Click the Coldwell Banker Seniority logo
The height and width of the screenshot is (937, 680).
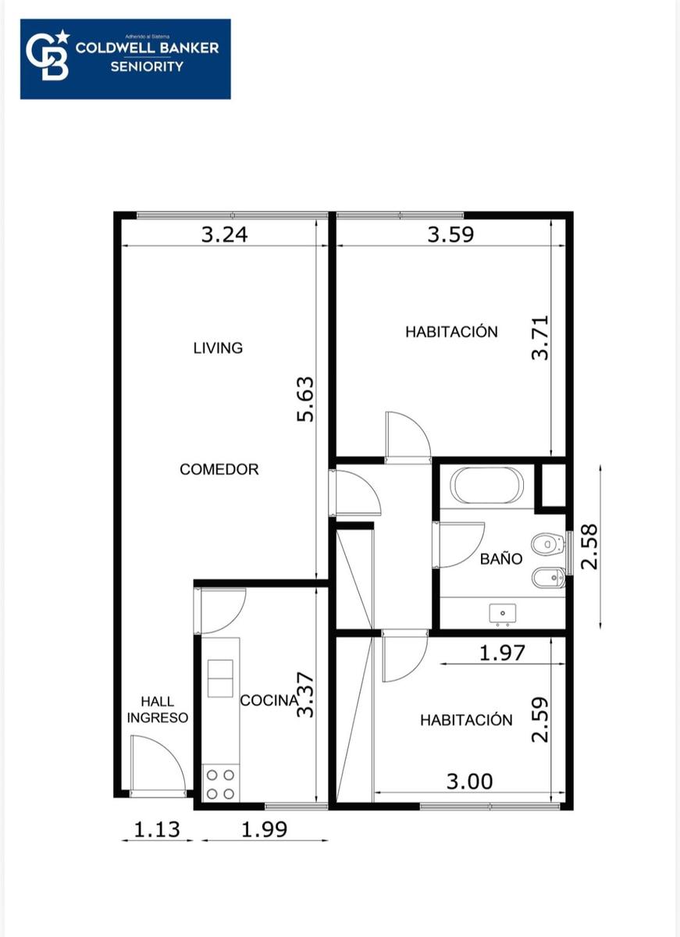[x=126, y=59]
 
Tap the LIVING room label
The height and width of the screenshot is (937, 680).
[x=218, y=348]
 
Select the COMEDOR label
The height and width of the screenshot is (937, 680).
[x=219, y=469]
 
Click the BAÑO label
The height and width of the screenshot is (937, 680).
[x=501, y=558]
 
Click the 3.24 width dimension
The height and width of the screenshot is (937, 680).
[x=225, y=235]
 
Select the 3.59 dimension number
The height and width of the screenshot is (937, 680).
[x=450, y=235]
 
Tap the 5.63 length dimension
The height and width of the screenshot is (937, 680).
[x=305, y=400]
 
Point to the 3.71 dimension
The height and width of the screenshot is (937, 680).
[x=540, y=337]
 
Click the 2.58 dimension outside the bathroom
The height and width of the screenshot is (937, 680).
[x=589, y=547]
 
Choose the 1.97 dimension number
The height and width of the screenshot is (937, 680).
[x=502, y=653]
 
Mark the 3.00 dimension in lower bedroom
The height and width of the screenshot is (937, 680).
[x=470, y=782]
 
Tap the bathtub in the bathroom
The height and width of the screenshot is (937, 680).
[x=486, y=485]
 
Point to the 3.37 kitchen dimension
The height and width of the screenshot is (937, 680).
[x=305, y=695]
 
